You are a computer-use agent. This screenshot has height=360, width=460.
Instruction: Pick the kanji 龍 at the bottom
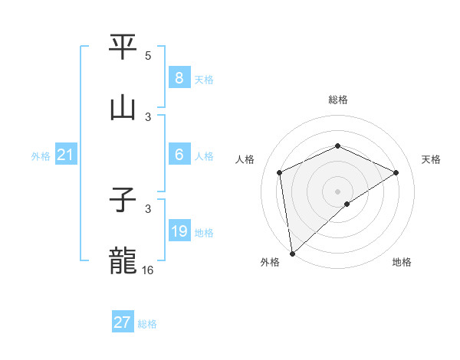123,260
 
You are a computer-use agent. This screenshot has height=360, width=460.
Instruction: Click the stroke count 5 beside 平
148,56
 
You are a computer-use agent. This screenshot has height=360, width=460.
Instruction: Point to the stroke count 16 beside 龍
149,270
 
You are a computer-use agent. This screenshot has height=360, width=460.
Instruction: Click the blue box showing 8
179,78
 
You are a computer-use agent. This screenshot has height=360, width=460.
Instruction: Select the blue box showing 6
179,155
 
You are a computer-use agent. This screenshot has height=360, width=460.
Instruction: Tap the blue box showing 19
179,231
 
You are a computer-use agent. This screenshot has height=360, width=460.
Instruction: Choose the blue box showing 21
66,155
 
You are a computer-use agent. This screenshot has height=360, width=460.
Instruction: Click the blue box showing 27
123,322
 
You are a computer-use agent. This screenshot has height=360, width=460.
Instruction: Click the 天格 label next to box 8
204,80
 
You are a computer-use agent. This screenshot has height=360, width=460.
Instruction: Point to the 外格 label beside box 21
41,156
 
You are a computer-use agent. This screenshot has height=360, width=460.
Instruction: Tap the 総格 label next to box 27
147,324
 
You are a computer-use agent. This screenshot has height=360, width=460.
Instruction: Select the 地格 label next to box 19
204,233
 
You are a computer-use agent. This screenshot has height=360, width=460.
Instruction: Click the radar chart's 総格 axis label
338,100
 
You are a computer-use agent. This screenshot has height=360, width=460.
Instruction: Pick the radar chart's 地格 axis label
402,263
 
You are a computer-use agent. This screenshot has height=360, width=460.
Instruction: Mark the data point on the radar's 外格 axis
292,254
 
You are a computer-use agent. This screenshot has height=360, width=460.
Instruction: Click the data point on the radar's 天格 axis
396,172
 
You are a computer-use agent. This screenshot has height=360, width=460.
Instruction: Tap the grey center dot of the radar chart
338,191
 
